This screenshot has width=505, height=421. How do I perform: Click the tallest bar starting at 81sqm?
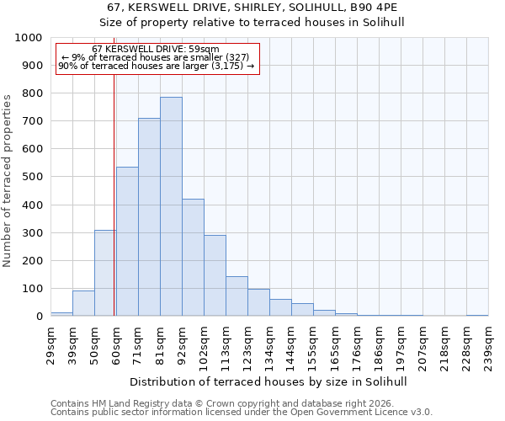pyautogui.click(x=171, y=206)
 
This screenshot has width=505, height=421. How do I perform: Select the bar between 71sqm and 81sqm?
pyautogui.click(x=149, y=217)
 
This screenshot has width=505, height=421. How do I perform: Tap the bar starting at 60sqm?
pyautogui.click(x=127, y=242)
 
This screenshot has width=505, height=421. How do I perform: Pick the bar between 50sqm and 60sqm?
pyautogui.click(x=105, y=273)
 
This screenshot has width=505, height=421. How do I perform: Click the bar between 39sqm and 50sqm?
pyautogui.click(x=83, y=303)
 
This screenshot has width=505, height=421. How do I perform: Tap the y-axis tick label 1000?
pyautogui.click(x=29, y=38)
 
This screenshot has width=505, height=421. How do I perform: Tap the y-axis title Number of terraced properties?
pyautogui.click(x=8, y=180)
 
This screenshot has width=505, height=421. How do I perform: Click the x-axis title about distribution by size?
pyautogui.click(x=269, y=381)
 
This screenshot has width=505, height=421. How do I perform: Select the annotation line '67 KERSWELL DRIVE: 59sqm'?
pyautogui.click(x=156, y=50)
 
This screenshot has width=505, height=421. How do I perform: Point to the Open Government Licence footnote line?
pyautogui.click(x=242, y=413)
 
